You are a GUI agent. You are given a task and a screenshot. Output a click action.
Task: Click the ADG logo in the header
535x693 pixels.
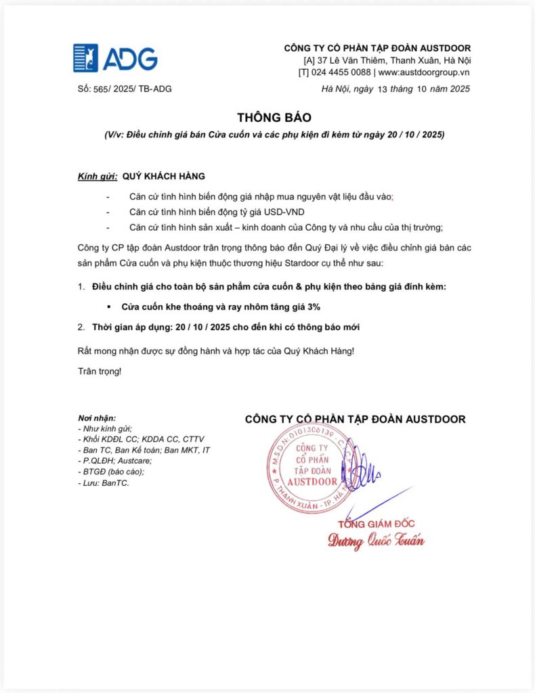pyautogui.click(x=115, y=58)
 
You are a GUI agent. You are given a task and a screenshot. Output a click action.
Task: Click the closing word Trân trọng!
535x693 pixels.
pyautogui.click(x=100, y=372)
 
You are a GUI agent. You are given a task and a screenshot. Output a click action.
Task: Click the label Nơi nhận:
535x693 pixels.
pyautogui.click(x=97, y=418)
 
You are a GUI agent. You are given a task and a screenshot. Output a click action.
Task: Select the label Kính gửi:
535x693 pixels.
pyautogui.click(x=98, y=177)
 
